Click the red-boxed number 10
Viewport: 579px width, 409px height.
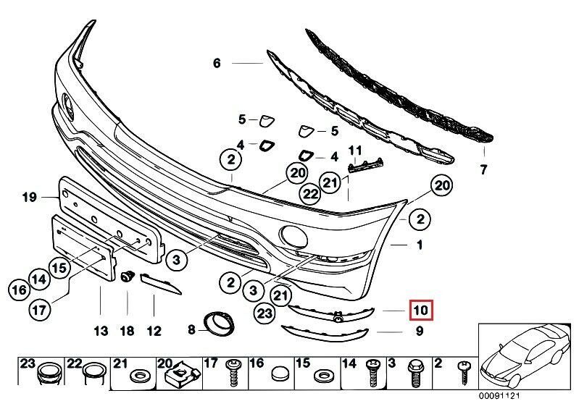click(420, 311)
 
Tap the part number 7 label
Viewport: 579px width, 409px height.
click(485, 171)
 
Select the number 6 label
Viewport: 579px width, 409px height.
click(216, 64)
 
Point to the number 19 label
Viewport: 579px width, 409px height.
click(29, 196)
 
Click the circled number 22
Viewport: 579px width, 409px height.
click(311, 193)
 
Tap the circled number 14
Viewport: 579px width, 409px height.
click(39, 277)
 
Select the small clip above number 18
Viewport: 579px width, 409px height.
click(128, 275)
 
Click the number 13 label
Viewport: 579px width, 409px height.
click(101, 332)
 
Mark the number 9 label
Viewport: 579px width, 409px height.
click(419, 332)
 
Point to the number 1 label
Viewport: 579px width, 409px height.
click(419, 245)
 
